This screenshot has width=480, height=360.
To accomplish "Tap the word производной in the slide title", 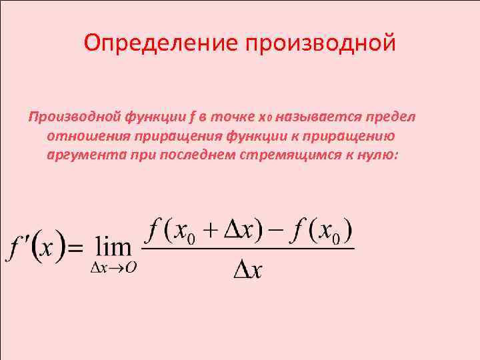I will [321, 43].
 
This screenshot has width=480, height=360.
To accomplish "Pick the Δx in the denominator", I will [249, 271].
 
